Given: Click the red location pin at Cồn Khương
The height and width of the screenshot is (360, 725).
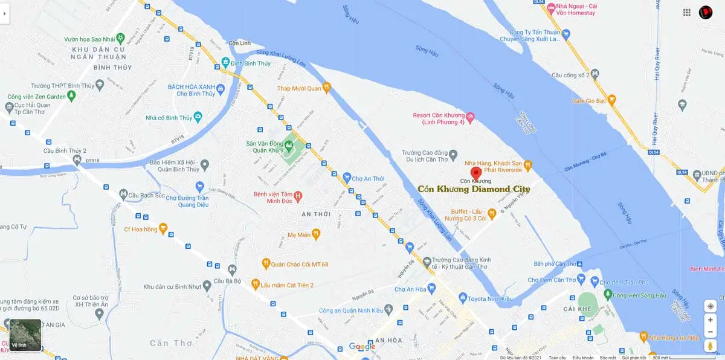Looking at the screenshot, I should [475, 172].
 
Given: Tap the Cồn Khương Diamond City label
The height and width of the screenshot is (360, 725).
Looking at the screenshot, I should [474, 189].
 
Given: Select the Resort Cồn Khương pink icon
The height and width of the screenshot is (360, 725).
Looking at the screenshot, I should [471, 115].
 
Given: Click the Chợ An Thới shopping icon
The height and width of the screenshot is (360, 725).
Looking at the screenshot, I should [347, 177].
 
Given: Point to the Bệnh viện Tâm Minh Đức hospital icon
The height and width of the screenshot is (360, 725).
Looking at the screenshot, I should [298, 197].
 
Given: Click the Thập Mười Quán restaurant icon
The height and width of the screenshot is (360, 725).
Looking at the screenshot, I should [327, 88].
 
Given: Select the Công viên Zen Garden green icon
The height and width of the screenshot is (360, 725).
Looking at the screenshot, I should [72, 96].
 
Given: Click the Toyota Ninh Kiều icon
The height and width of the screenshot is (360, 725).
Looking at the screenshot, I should [463, 297].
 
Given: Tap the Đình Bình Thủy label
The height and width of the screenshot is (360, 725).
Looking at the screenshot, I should [250, 63].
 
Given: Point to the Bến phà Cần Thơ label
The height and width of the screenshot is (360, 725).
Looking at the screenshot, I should [555, 264].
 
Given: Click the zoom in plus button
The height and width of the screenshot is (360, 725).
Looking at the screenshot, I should [710, 320].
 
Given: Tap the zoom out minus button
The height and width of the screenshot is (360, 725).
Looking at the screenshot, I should [710, 332].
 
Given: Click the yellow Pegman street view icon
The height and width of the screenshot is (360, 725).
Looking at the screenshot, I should [710, 346].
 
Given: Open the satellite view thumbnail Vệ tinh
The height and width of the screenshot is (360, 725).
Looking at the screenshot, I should [25, 335].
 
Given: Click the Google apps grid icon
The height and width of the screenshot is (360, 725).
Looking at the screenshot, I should [687, 12].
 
